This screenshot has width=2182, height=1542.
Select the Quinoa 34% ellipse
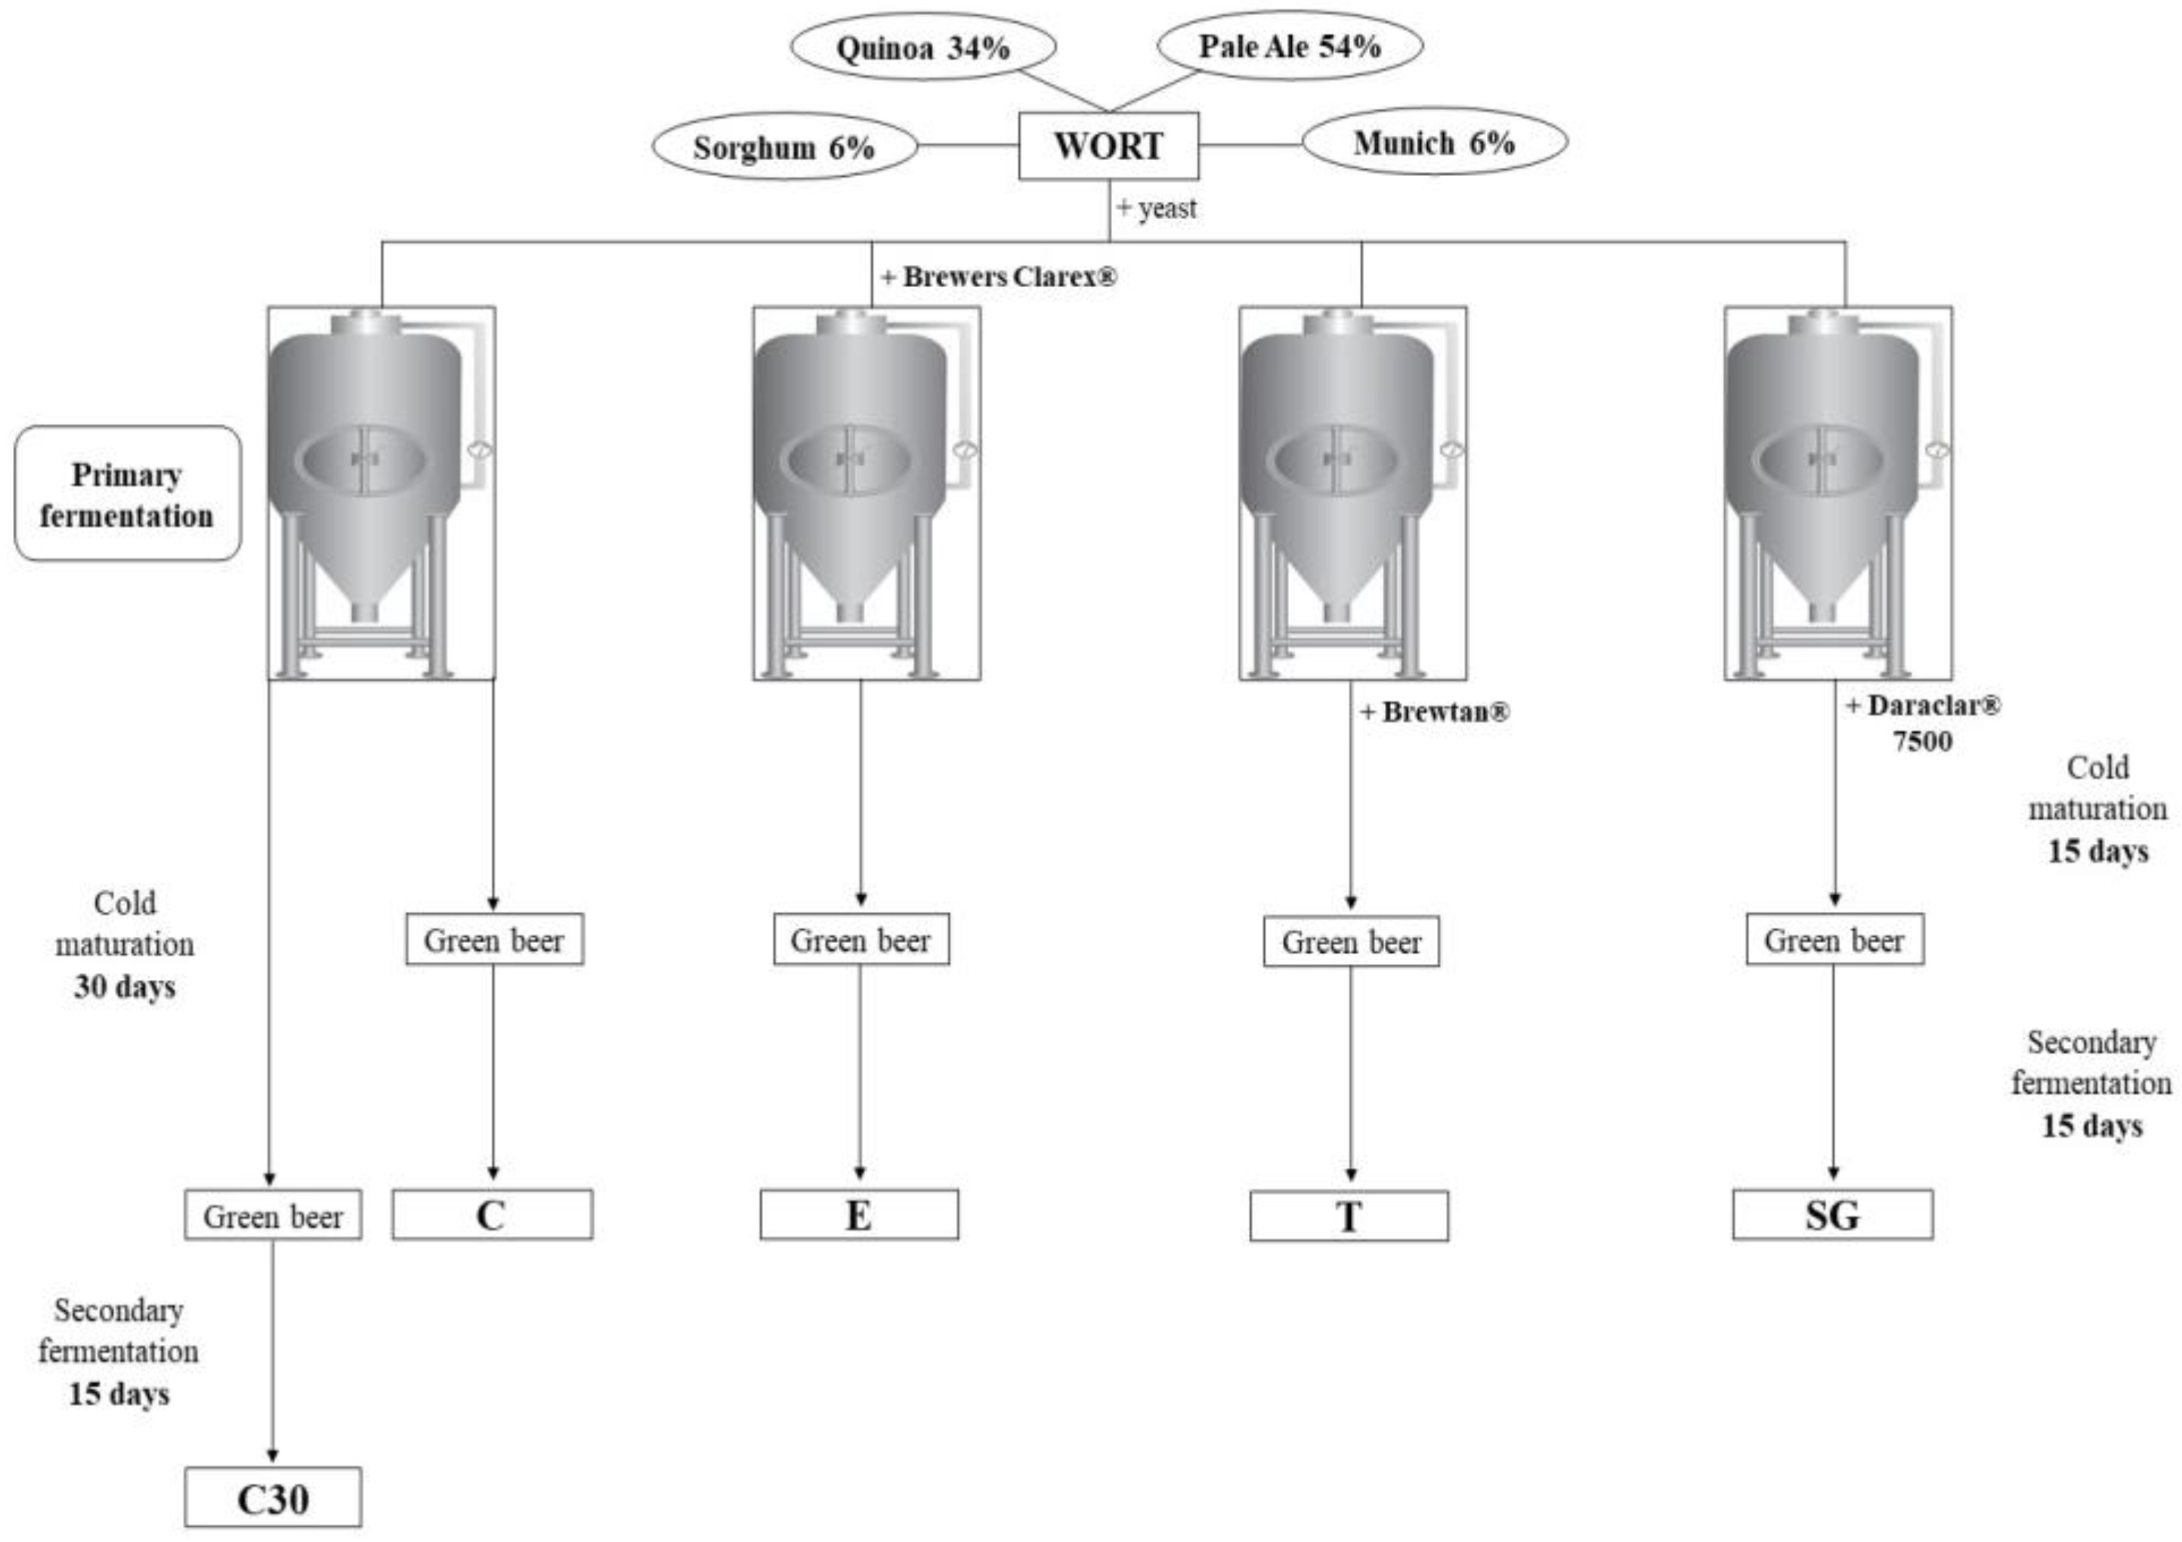tap(923, 48)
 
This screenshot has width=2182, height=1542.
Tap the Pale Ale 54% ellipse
tap(1290, 45)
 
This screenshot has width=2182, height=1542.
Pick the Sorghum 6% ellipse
tap(784, 147)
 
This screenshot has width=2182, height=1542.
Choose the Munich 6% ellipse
tap(1434, 143)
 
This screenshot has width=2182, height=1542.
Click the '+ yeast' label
tap(1157, 208)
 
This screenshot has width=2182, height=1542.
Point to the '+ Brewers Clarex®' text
tap(999, 277)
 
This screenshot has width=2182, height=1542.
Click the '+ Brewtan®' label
tap(1435, 712)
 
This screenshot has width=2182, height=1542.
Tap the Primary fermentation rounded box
tap(128, 494)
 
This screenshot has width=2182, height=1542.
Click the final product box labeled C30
tap(273, 1498)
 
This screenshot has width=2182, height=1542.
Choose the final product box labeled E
tap(859, 1215)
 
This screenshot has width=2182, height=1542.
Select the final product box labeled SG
tap(1832, 1215)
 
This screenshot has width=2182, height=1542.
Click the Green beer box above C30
tap(273, 1215)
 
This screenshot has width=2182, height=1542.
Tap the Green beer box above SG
tap(1834, 940)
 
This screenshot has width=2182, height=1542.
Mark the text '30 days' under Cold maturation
tap(125, 986)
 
